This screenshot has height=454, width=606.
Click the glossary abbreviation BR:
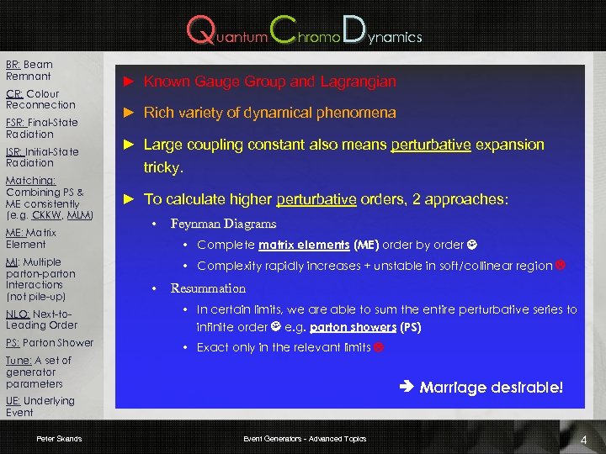point(13,65)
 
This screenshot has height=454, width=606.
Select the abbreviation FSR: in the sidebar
point(17,123)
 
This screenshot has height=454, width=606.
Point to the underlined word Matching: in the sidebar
point(30,181)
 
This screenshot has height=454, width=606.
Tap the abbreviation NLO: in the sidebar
point(19,314)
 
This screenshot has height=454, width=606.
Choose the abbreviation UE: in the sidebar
point(14,401)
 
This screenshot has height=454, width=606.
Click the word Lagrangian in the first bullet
point(362,82)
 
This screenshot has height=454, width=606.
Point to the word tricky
point(163,166)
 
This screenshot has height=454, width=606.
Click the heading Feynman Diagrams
point(223,224)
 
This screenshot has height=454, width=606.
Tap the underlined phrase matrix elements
point(304,245)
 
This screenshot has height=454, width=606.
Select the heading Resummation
point(208,288)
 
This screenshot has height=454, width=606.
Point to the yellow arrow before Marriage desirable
point(406,388)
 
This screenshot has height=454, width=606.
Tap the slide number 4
point(583,440)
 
